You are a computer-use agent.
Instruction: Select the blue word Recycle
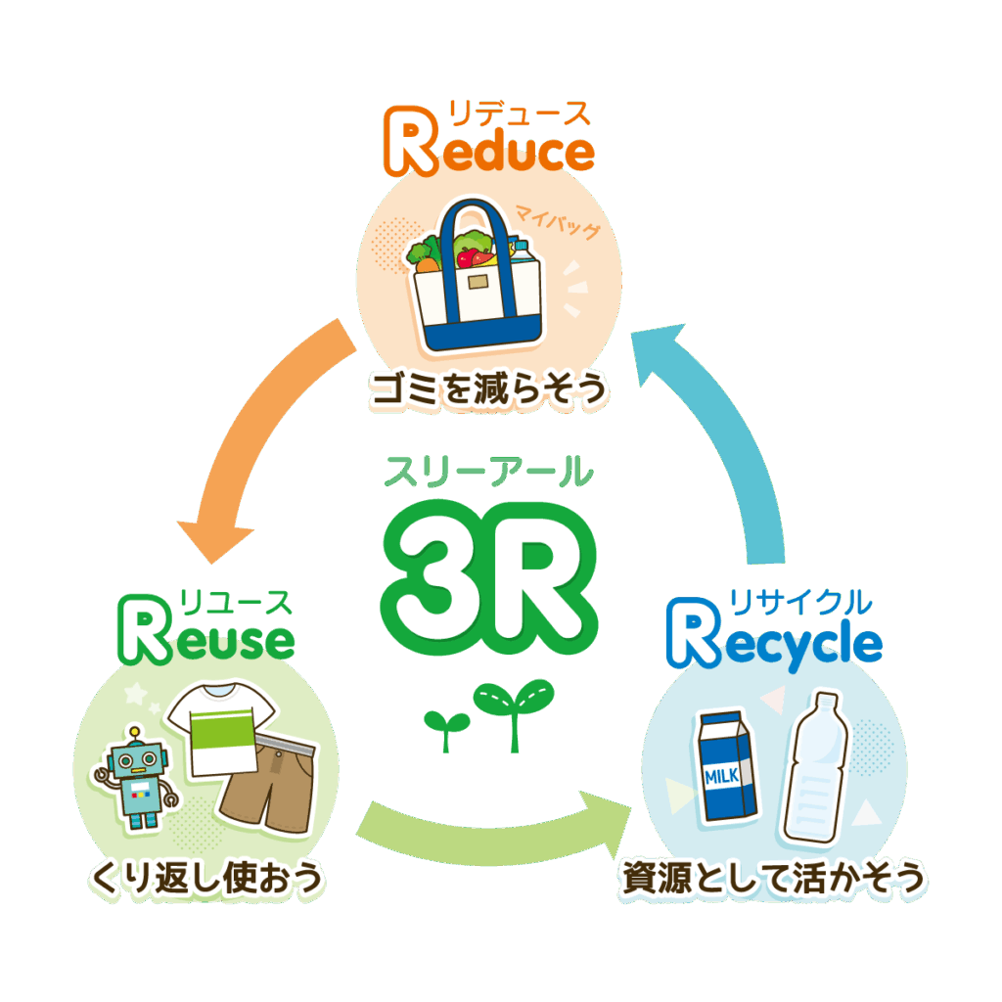point(775,641)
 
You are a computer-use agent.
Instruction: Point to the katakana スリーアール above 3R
point(488,472)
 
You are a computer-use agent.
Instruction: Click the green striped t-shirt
point(220,728)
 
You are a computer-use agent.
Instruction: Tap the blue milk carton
point(728,763)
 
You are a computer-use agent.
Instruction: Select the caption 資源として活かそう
point(773,878)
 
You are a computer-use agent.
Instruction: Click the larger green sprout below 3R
point(513,708)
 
